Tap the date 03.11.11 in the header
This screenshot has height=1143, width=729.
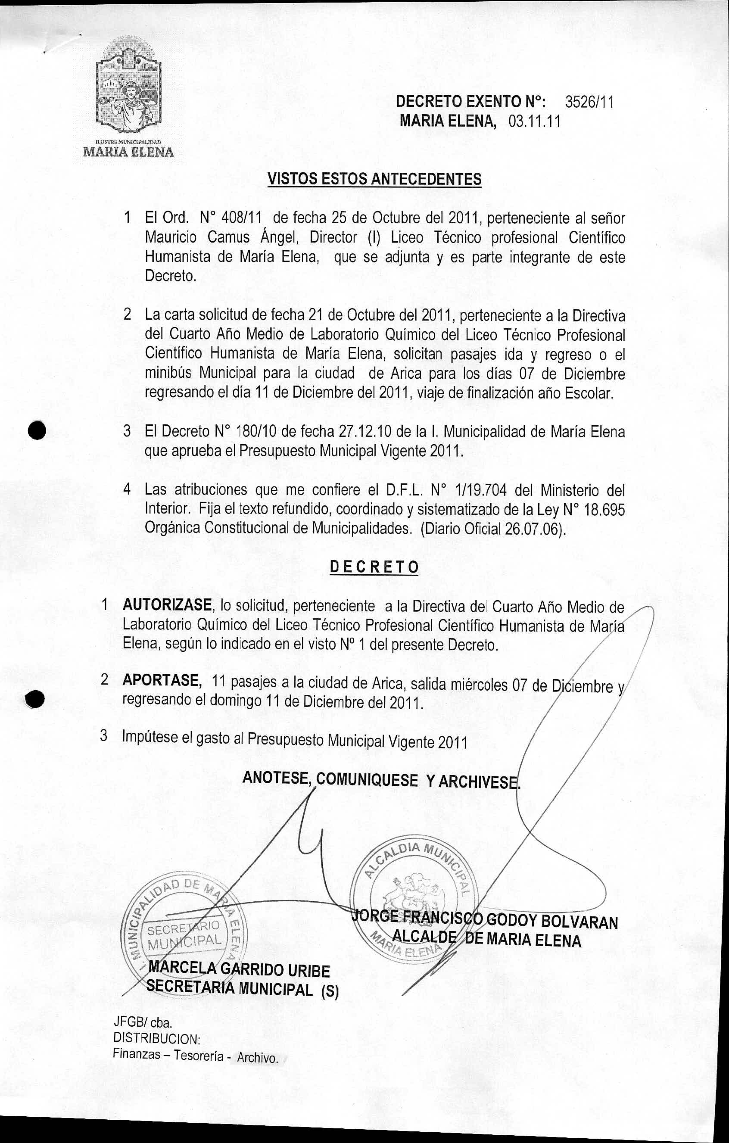pos(534,122)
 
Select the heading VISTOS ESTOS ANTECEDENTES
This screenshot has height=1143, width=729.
pos(374,179)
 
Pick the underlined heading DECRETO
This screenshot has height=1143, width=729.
pos(374,567)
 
